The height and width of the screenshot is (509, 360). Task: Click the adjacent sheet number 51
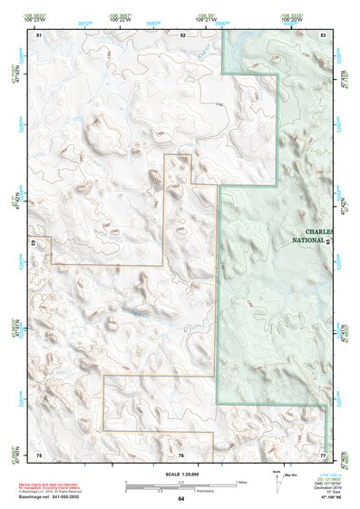point(39,34)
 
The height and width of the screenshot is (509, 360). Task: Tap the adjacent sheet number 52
point(182,34)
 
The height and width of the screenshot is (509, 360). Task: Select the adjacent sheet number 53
point(323,34)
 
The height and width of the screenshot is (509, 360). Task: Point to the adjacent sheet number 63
point(33,244)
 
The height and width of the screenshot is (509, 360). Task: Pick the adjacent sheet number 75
point(39,454)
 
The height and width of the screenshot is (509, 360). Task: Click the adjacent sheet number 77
point(323,454)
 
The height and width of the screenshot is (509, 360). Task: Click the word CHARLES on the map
point(319,231)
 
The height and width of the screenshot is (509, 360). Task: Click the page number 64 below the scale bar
point(180,499)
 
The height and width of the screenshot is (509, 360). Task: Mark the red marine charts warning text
point(63,484)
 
